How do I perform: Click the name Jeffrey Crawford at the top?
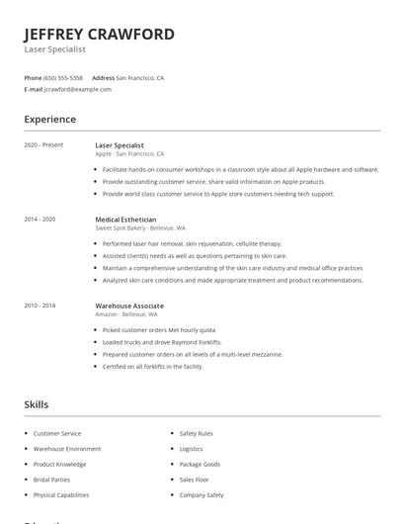tap(99, 34)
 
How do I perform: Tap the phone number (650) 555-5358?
tap(64, 77)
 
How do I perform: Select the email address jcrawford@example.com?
tap(78, 89)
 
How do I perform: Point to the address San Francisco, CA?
tap(140, 77)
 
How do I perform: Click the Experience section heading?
tap(49, 120)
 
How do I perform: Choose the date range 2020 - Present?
tap(43, 145)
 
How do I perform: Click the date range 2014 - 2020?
tap(40, 218)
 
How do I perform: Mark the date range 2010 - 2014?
tap(40, 306)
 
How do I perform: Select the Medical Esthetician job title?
tap(125, 218)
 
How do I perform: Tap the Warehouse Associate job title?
tap(129, 306)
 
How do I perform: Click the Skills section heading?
tap(37, 404)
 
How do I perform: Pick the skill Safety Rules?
tap(196, 433)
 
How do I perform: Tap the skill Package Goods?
tap(200, 464)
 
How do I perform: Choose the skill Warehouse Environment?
tap(67, 448)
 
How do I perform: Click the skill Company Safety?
tap(202, 494)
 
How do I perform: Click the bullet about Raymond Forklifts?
tap(162, 342)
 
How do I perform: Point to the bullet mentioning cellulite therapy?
tap(192, 243)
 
